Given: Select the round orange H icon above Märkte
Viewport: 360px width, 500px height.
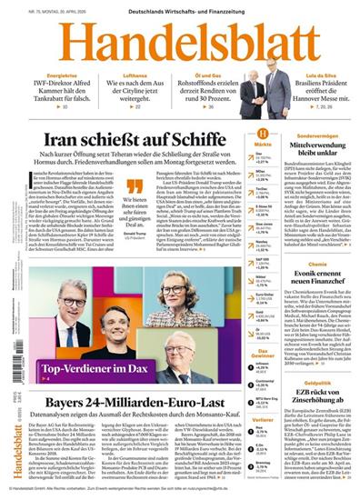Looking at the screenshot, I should [265, 134].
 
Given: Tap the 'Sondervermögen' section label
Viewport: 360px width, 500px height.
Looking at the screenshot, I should [317, 135].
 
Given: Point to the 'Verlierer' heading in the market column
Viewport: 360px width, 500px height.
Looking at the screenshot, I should [265, 420].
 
